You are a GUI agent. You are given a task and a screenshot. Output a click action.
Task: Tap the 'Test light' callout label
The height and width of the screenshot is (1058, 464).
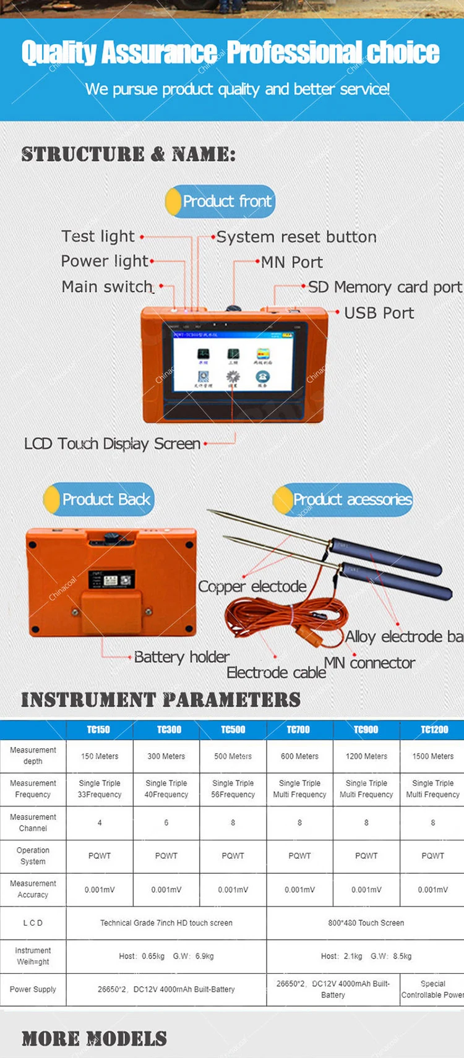coord(98,236)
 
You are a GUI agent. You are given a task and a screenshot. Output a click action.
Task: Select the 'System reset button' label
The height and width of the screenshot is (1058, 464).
coord(296,237)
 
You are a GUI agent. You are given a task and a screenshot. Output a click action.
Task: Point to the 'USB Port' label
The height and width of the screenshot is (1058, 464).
coord(379,313)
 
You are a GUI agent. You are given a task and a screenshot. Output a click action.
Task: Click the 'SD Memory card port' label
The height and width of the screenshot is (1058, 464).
coord(384,287)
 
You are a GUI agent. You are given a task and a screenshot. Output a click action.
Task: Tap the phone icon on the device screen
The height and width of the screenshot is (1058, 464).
coord(263,376)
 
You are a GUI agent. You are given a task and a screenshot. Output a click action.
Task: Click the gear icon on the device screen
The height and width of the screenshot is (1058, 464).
coord(233,376)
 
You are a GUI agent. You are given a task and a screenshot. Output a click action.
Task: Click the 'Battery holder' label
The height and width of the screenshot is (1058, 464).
coord(181,657)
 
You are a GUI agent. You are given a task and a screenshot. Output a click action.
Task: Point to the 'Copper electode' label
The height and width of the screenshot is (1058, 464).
coord(252,586)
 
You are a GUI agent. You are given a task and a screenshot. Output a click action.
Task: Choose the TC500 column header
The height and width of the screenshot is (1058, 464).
coord(233,730)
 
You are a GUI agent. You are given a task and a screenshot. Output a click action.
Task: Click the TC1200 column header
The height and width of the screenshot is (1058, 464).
coord(434,730)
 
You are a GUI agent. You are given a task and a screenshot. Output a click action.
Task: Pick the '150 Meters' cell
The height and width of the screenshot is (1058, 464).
coord(100,756)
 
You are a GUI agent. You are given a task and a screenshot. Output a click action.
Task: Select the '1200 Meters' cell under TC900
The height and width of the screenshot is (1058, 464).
coord(366,756)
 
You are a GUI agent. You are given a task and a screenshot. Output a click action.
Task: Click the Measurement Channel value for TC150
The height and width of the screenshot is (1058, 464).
coord(100,823)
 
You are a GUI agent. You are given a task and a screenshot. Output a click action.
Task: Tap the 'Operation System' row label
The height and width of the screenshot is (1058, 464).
coord(33,856)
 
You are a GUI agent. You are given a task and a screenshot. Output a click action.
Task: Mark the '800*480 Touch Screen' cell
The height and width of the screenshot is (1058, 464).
coord(366,923)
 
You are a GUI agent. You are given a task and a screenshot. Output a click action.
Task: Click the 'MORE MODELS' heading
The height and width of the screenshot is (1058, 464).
coord(94,1038)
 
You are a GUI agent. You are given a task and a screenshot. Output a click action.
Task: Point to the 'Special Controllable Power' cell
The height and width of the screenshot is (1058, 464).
coord(432,989)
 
